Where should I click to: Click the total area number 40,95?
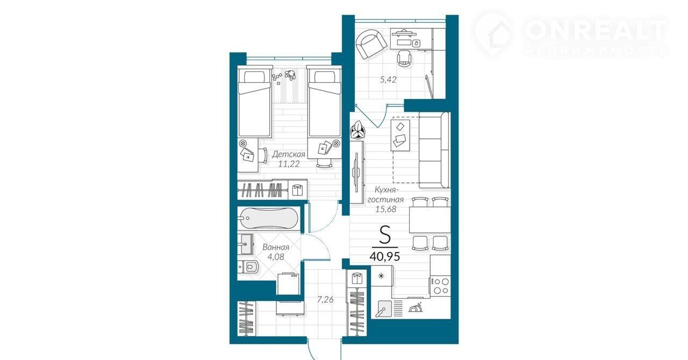384,256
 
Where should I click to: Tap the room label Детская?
289,154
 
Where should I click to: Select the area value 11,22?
289,164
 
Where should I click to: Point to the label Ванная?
276,247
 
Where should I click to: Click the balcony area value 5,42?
388,80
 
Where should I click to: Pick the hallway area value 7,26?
325,299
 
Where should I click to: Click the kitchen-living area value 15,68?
386,209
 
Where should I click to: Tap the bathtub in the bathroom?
268,218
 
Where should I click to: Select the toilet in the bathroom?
249,267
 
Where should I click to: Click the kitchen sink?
383,308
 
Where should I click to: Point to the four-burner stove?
440,286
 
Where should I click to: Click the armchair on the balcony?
371,44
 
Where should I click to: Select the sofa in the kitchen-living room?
434,150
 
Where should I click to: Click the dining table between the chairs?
429,220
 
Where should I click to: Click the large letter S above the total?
385,235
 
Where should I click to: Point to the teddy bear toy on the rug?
290,75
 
